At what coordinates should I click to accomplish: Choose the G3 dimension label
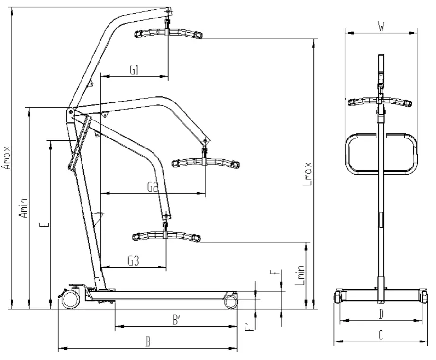pos(134,260)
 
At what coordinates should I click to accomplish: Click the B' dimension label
pos(177,321)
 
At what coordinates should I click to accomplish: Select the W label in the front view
pos(381,27)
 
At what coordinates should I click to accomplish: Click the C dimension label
pos(381,335)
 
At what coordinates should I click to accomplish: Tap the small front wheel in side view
pos(231,301)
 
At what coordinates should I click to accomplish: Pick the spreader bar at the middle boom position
pos(205,162)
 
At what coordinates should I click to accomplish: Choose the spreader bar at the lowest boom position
pos(166,236)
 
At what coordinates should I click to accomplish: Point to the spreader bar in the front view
pos(380,102)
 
